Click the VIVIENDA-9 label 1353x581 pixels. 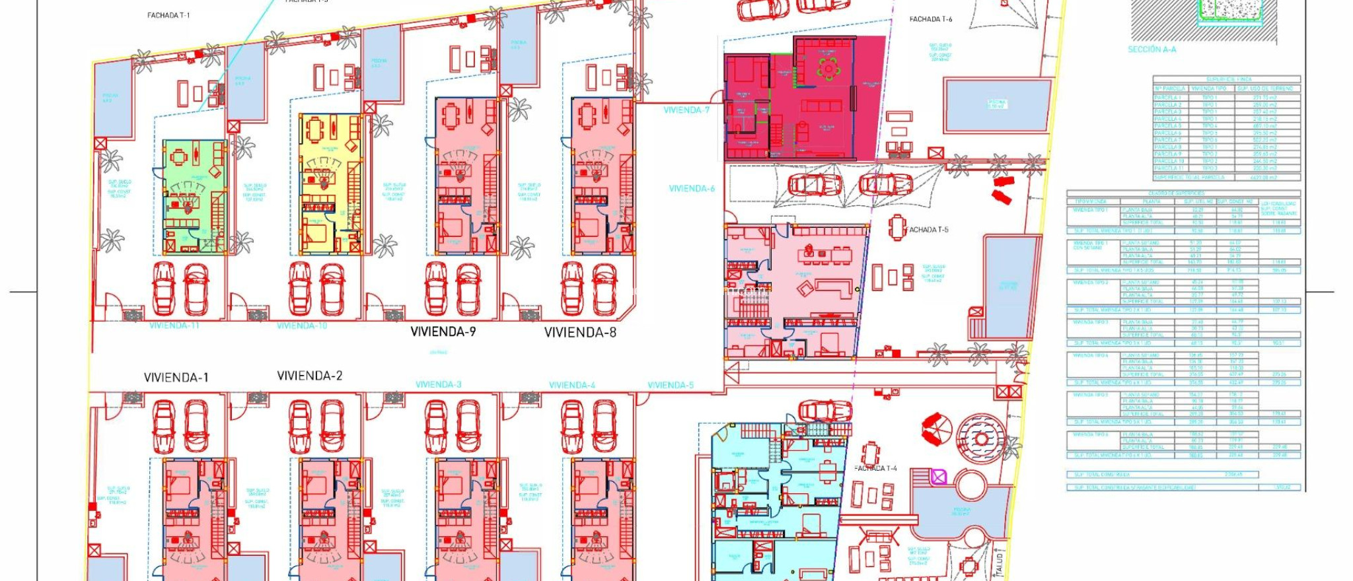[443, 332]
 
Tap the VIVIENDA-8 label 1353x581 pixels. [580, 333]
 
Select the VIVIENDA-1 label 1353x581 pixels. [176, 378]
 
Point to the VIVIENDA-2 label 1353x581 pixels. [310, 376]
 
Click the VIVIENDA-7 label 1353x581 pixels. [686, 110]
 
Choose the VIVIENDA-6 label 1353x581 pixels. [692, 189]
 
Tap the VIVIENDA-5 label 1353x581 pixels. [671, 385]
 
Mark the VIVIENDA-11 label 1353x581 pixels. [174, 325]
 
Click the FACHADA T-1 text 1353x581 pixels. [168, 15]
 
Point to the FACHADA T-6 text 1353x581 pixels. [930, 19]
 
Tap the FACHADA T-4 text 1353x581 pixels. [875, 468]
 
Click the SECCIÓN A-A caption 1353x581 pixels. [1152, 49]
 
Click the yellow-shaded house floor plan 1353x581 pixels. [330, 184]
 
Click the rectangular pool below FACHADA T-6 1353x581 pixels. [997, 105]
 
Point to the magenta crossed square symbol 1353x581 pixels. [939, 477]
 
